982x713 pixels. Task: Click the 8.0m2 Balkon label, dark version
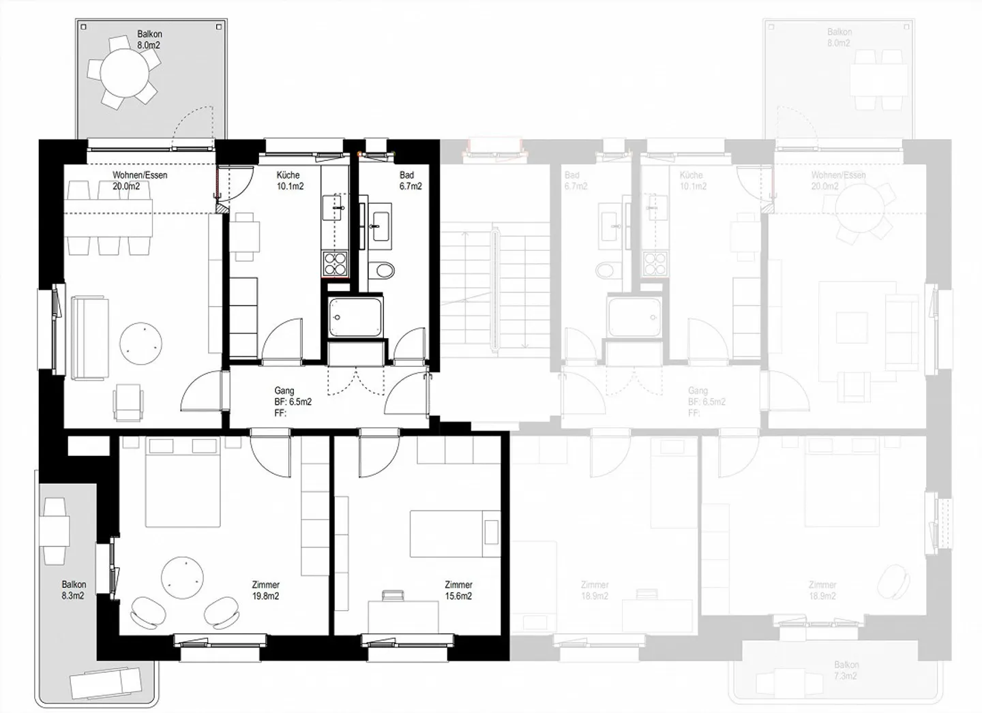pos(149,40)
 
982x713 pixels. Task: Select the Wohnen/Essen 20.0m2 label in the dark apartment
pos(140,181)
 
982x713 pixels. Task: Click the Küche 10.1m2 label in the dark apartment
pos(290,181)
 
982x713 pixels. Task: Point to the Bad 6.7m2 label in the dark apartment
pos(410,181)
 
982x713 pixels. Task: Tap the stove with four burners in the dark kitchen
pos(335,264)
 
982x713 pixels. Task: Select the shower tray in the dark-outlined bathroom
pos(355,317)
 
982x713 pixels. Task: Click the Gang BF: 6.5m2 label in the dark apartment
pos(293,401)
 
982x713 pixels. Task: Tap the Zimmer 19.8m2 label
pos(265,590)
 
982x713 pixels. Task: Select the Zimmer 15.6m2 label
pos(458,590)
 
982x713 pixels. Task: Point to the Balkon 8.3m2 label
pos(74,590)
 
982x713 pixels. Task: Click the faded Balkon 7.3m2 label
pos(846,670)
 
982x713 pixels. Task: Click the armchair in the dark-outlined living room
pos(129,401)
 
